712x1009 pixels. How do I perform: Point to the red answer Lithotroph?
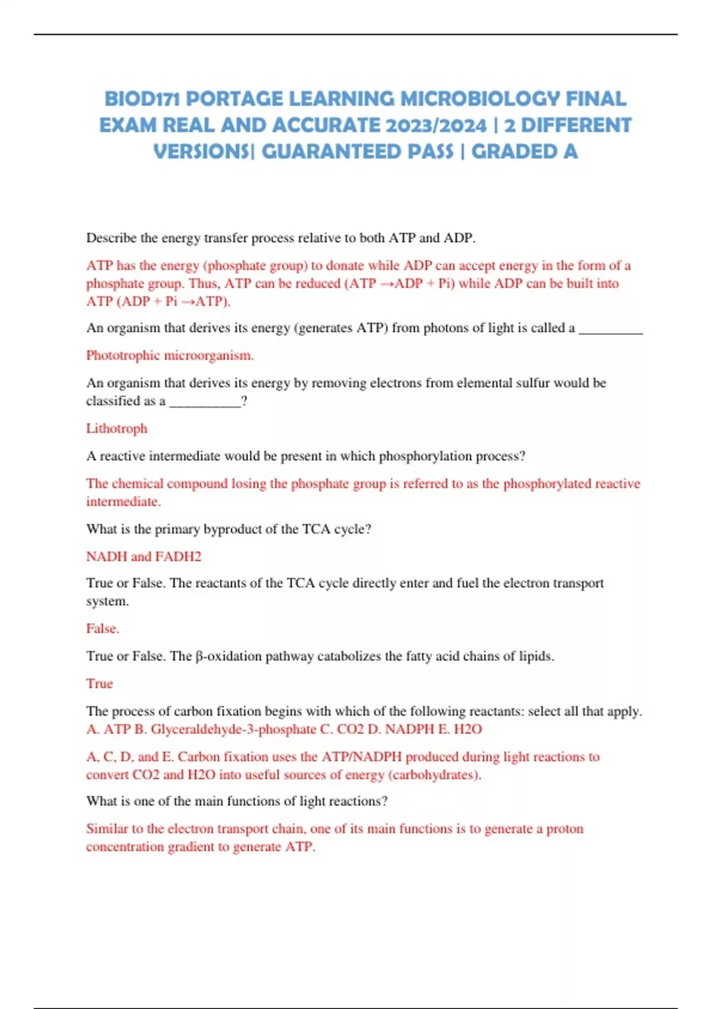(x=116, y=429)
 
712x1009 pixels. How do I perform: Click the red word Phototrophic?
(x=123, y=356)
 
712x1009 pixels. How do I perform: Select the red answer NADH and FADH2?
(x=144, y=557)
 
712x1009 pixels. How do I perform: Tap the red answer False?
(x=103, y=629)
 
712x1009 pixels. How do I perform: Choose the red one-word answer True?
(x=99, y=684)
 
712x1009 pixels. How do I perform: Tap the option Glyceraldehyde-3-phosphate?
(x=233, y=729)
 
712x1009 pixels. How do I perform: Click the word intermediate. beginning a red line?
(x=123, y=502)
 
